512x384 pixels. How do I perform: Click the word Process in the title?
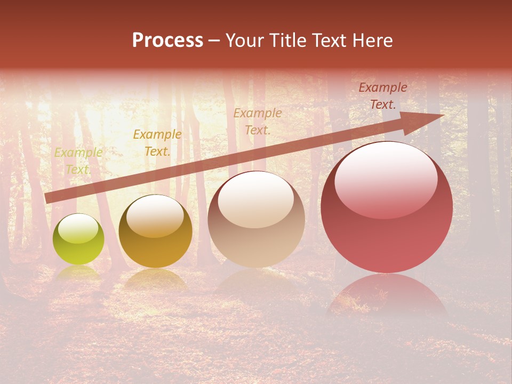167,41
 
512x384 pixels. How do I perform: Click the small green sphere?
78,239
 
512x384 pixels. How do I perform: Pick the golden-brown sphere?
155,231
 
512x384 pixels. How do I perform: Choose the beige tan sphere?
256,219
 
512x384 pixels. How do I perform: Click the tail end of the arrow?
47,198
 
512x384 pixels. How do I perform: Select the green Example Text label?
78,161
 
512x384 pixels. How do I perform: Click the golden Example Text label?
157,143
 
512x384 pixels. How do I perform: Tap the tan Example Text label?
258,121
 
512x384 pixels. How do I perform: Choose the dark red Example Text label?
383,96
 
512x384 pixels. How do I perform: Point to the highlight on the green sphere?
78,229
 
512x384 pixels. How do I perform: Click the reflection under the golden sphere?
155,278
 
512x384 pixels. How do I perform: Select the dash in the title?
214,41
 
